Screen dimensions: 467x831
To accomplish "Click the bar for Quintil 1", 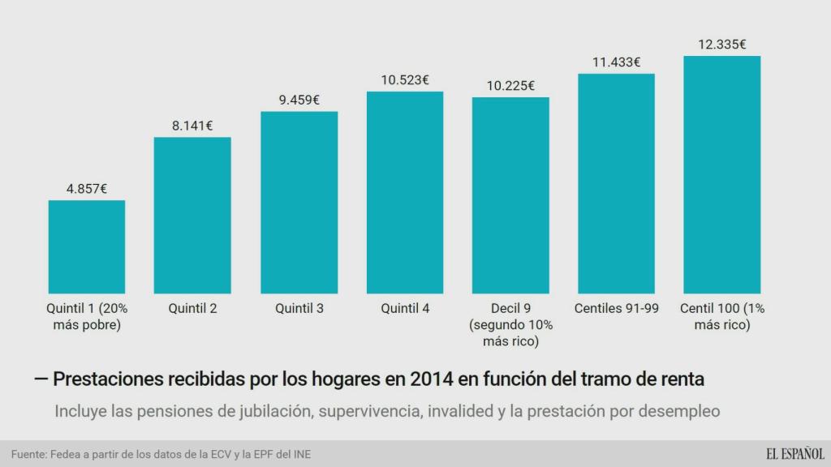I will (x=87, y=246).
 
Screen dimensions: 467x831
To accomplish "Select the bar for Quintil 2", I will (x=192, y=215).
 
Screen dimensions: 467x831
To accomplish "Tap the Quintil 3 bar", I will (x=299, y=202).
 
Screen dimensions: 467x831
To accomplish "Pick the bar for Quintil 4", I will (x=405, y=192).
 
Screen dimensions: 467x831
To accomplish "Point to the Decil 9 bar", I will (x=510, y=195).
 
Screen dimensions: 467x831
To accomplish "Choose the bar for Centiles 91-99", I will (x=616, y=183).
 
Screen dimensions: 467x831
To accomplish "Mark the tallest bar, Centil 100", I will (x=721, y=174).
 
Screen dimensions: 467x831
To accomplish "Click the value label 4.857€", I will (x=87, y=189).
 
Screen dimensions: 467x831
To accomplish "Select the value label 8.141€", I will (x=192, y=126).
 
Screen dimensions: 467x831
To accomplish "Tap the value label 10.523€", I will (x=405, y=80).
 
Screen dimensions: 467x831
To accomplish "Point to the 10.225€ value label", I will (x=510, y=86).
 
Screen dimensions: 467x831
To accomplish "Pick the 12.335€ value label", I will (x=721, y=45).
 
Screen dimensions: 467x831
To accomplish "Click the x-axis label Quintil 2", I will (x=192, y=308).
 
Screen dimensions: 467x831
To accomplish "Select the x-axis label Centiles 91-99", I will (x=616, y=308).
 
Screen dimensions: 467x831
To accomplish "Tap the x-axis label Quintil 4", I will (x=405, y=308).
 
